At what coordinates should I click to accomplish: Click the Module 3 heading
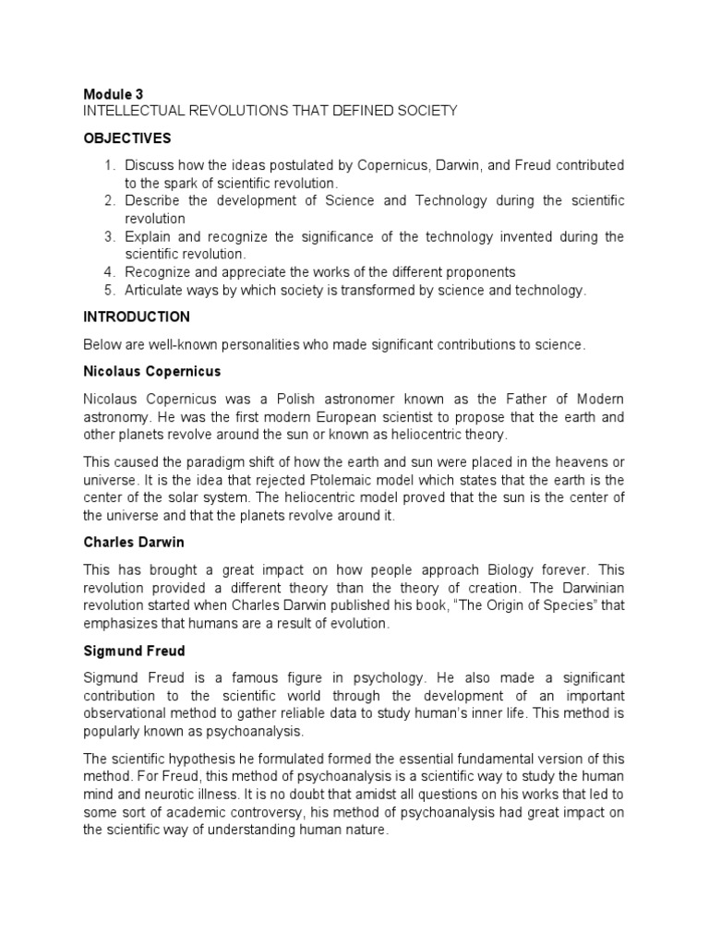pos(113,94)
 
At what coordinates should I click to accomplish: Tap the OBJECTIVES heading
pos(126,138)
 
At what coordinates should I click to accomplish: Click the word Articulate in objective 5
pos(156,290)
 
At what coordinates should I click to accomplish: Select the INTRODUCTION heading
pos(137,317)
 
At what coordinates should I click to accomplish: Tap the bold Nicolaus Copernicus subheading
pos(151,371)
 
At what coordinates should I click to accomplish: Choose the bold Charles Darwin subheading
pos(133,543)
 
